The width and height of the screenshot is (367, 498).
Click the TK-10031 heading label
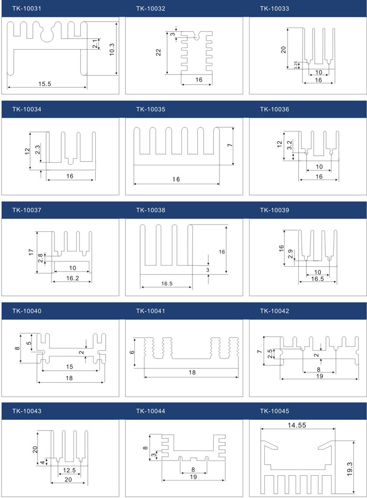pyautogui.click(x=27, y=9)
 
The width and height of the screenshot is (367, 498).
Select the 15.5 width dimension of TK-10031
pyautogui.click(x=44, y=84)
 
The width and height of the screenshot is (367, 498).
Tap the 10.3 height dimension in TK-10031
pyautogui.click(x=111, y=49)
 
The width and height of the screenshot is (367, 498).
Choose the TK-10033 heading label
pyautogui.click(x=274, y=9)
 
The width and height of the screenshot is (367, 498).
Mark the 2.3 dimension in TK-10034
pyautogui.click(x=37, y=150)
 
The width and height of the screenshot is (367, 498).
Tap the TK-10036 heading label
pyautogui.click(x=274, y=109)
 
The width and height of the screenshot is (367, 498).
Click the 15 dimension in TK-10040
pyautogui.click(x=69, y=367)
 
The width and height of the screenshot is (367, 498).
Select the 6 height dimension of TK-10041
pyautogui.click(x=132, y=352)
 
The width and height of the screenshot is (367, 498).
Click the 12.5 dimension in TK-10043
pyautogui.click(x=68, y=469)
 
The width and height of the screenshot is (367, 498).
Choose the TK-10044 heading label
pyautogui.click(x=150, y=411)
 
